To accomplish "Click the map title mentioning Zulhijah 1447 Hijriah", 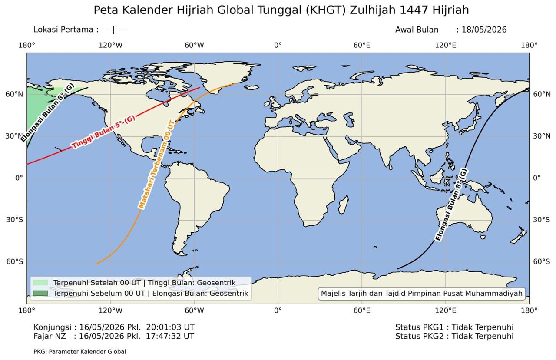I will pyautogui.click(x=281, y=10).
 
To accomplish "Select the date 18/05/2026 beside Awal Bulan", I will pyautogui.click(x=484, y=30).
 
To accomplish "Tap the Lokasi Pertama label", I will pyautogui.click(x=63, y=30).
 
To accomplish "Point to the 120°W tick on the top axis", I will pyautogui.click(x=110, y=45).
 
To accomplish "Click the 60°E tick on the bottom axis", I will pyautogui.click(x=361, y=310).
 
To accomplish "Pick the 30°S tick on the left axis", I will pyautogui.click(x=14, y=220).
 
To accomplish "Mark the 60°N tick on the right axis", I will pyautogui.click(x=541, y=94).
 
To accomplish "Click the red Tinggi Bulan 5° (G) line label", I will pyautogui.click(x=104, y=132).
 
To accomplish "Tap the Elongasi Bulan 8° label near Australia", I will pyautogui.click(x=452, y=205).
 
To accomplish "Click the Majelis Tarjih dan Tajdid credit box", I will pyautogui.click(x=421, y=294).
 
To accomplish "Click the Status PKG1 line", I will pyautogui.click(x=454, y=327).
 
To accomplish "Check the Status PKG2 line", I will pyautogui.click(x=454, y=336).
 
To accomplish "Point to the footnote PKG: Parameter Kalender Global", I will pyautogui.click(x=79, y=352).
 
